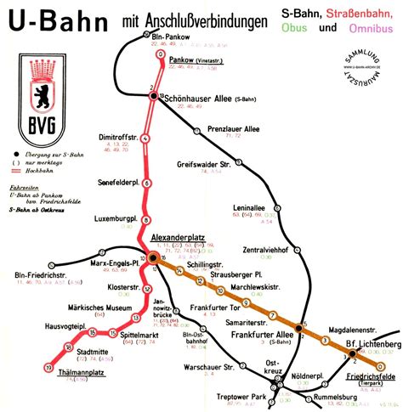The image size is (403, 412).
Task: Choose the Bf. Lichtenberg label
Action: tap(372, 344)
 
